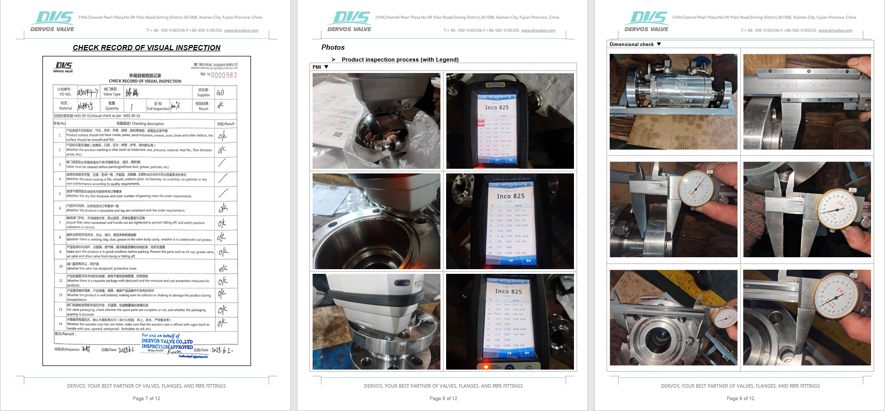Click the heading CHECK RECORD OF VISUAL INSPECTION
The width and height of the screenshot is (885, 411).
146,48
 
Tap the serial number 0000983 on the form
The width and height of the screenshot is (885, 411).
224,75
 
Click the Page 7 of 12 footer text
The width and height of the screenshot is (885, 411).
146,399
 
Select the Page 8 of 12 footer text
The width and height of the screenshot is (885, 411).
444,399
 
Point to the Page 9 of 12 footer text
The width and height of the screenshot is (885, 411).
741,399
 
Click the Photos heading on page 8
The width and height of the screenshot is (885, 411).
333,47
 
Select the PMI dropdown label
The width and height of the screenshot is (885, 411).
317,67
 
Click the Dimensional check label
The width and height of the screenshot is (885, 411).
631,45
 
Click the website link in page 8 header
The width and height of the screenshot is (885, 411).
538,31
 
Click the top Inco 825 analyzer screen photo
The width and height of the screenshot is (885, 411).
510,121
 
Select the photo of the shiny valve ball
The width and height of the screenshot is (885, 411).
376,121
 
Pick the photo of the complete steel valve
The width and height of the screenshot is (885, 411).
673,101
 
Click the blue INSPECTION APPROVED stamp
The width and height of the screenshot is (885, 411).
167,344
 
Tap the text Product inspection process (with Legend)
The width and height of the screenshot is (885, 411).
400,60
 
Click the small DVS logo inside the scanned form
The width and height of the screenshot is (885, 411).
63,67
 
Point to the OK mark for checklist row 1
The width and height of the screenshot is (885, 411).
222,136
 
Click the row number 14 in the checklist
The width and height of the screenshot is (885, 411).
60,324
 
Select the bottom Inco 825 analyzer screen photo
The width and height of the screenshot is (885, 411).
510,321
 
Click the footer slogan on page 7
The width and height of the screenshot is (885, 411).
146,386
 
